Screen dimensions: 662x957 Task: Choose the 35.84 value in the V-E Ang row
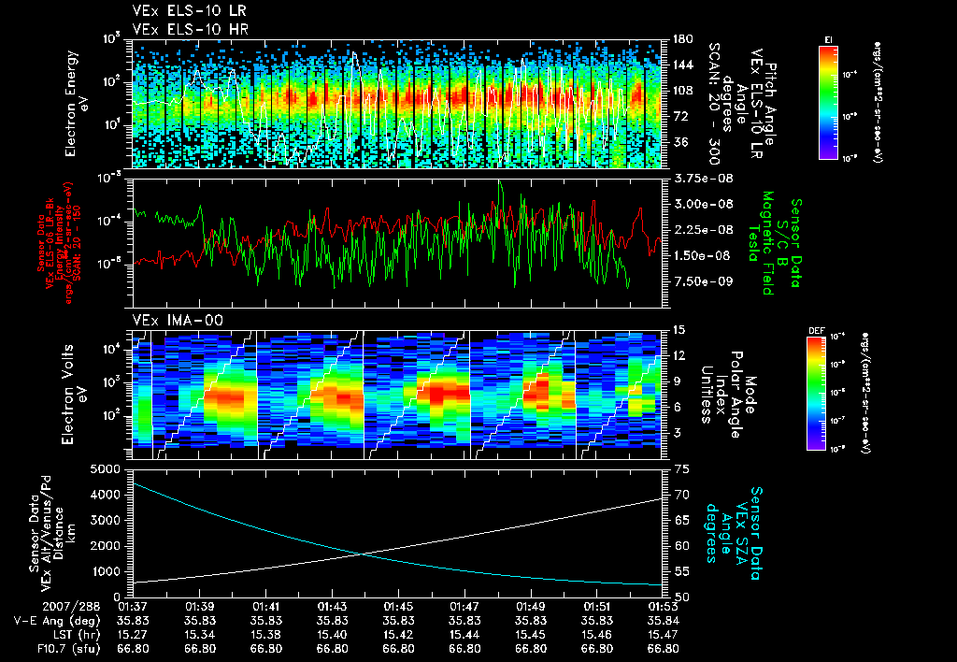663,621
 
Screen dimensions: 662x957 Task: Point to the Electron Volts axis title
77,388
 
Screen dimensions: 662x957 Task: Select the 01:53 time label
663,608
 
